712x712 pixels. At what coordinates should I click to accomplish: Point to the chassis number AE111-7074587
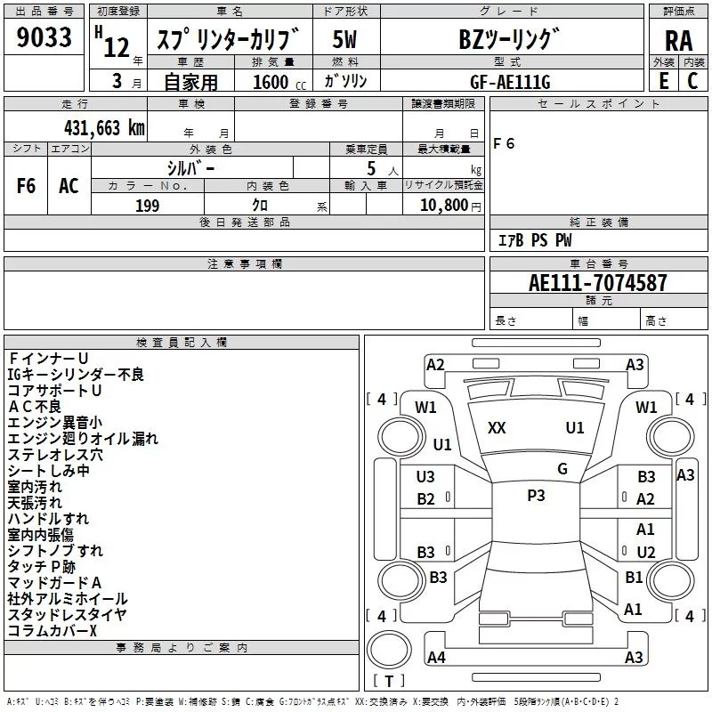[x=597, y=283]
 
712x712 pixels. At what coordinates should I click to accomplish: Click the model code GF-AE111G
[x=511, y=81]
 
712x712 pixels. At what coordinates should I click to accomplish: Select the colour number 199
[x=147, y=206]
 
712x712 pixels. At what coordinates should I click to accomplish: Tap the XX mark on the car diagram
[x=497, y=428]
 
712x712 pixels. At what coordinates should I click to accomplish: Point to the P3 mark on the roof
[x=536, y=496]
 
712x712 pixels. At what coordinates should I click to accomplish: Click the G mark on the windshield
[x=562, y=469]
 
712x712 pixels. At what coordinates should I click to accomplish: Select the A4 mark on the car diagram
[x=436, y=658]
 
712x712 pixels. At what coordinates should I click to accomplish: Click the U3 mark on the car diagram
[x=426, y=477]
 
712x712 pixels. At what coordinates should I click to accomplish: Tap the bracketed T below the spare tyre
[x=389, y=682]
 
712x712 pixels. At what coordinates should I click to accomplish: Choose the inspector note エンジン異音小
[x=54, y=423]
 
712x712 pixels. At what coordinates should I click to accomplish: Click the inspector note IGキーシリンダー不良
[x=76, y=375]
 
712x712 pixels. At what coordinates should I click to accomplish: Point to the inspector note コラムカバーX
[x=52, y=630]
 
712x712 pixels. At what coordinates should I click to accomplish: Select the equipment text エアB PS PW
[x=534, y=240]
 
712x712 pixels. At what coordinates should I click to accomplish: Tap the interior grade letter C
[x=692, y=81]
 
